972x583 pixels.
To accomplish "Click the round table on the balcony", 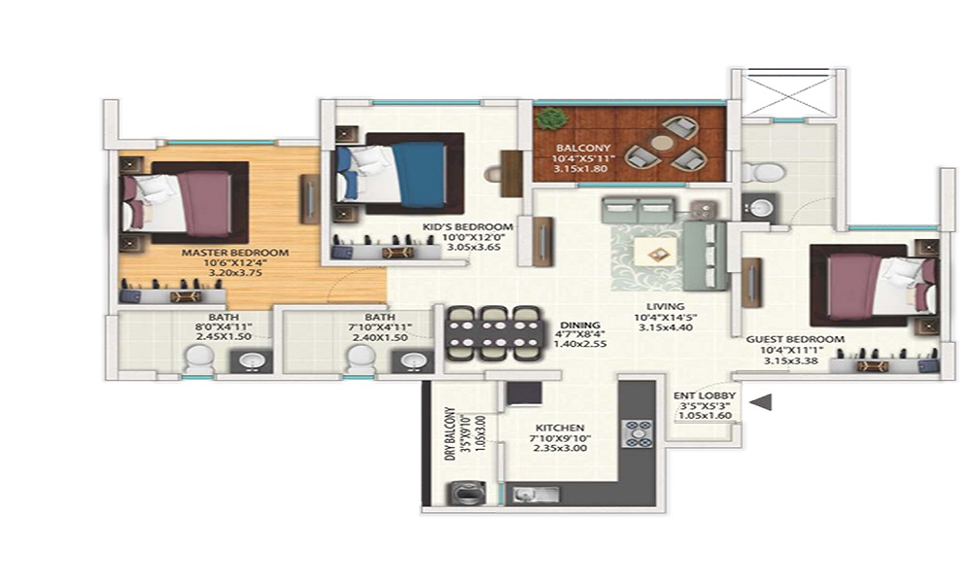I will tap(662, 143).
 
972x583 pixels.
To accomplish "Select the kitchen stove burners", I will tap(638, 432).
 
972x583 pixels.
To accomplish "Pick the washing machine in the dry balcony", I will tap(461, 493).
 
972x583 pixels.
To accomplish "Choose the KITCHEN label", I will tap(559, 428).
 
